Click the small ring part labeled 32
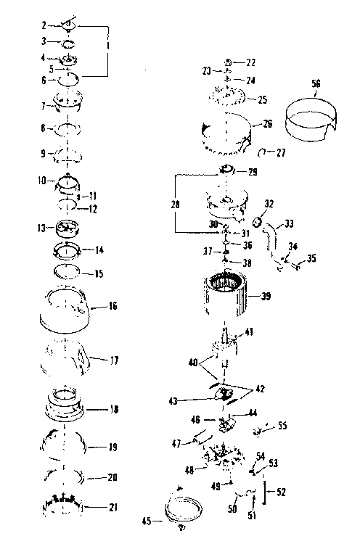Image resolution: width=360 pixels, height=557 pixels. (x=257, y=220)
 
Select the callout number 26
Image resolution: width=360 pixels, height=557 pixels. (x=268, y=124)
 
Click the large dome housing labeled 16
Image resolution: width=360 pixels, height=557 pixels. (x=70, y=308)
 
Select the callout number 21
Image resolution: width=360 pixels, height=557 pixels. (x=112, y=507)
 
